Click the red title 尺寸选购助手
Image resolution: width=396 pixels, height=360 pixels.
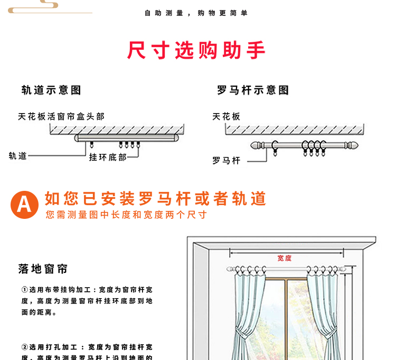196,51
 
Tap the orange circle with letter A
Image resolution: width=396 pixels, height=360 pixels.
25,204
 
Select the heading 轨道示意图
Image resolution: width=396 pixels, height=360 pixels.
51,90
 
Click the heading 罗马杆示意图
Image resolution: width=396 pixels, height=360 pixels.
253,90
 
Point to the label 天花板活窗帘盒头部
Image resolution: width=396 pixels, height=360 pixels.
61,116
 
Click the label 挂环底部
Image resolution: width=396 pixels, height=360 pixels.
108,157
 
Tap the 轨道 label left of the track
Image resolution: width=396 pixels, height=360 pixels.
17,155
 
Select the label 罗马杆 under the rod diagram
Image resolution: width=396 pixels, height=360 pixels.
227,160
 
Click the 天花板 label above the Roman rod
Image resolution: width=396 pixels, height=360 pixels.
227,116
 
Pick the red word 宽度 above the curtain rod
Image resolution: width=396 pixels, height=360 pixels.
285,258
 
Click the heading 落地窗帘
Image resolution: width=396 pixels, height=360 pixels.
43,269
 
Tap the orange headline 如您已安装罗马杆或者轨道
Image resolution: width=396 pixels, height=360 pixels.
155,199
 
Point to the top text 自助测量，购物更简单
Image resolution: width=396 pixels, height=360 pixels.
196,13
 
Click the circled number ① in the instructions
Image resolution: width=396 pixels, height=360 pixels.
24,290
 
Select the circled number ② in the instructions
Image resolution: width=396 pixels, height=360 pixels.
24,347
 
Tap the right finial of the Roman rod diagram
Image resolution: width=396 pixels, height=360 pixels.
355,145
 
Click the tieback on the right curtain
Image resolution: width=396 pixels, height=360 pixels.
329,333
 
